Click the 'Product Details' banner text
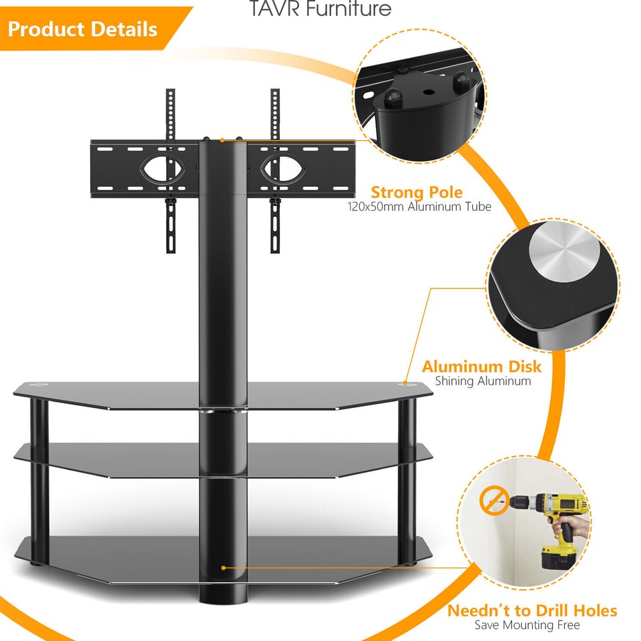click(x=83, y=29)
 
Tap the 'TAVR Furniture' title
click(x=320, y=9)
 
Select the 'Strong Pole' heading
click(x=417, y=193)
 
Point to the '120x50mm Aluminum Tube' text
click(x=419, y=207)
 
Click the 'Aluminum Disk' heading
click(x=481, y=367)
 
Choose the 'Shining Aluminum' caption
click(x=483, y=381)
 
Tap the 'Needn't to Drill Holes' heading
click(x=531, y=610)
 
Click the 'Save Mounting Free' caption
click(x=527, y=625)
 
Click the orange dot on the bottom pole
click(x=224, y=568)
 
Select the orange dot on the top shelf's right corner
click(x=405, y=384)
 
